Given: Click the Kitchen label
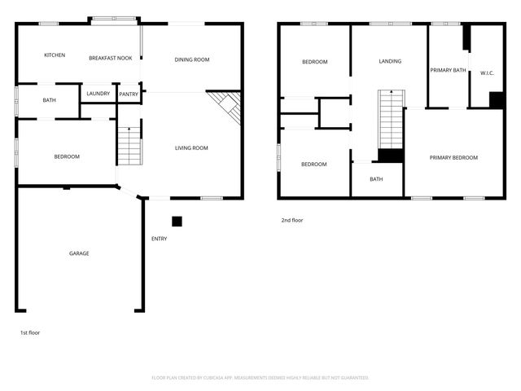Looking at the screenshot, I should click(x=55, y=55).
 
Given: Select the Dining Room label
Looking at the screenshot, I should click(x=192, y=59).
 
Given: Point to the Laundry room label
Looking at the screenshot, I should click(x=99, y=94).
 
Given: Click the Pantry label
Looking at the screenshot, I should click(x=129, y=94).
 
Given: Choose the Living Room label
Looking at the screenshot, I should click(x=191, y=148).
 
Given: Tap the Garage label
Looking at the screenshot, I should click(x=79, y=253).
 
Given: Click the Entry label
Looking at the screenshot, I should click(x=160, y=239).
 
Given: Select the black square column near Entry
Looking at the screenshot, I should click(x=177, y=221).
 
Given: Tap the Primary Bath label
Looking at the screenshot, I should click(x=448, y=70).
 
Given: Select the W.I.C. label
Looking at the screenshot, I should click(x=487, y=72).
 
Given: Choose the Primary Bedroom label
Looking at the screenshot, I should click(x=453, y=157).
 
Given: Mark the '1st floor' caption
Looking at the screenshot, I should click(x=30, y=333).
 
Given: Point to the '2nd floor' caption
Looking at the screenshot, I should click(x=292, y=220).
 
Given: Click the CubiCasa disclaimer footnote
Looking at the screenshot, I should click(x=260, y=378).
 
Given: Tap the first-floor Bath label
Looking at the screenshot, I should click(x=49, y=101).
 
